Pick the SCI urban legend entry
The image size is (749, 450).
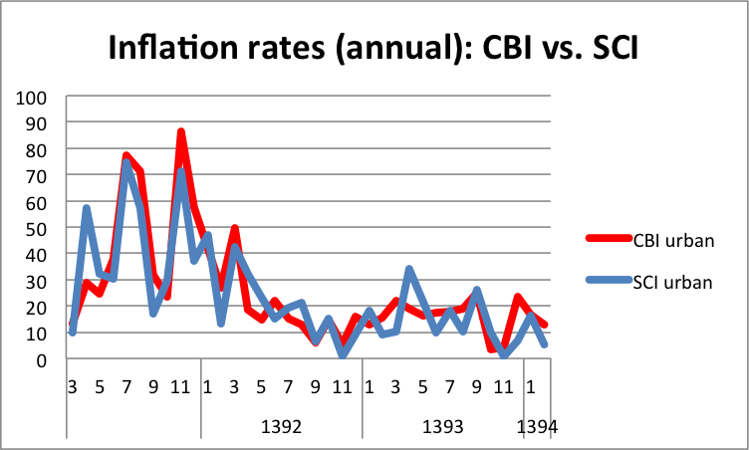tap(672, 282)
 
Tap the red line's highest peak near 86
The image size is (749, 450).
tap(181, 132)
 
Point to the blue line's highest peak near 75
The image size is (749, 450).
tap(127, 162)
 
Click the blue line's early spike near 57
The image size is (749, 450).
tap(87, 209)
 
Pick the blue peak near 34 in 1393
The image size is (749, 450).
tap(408, 270)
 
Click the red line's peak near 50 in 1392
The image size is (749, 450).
tap(235, 229)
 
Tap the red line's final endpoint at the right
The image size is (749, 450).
tap(544, 326)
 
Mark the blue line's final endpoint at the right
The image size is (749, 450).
tap(544, 344)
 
